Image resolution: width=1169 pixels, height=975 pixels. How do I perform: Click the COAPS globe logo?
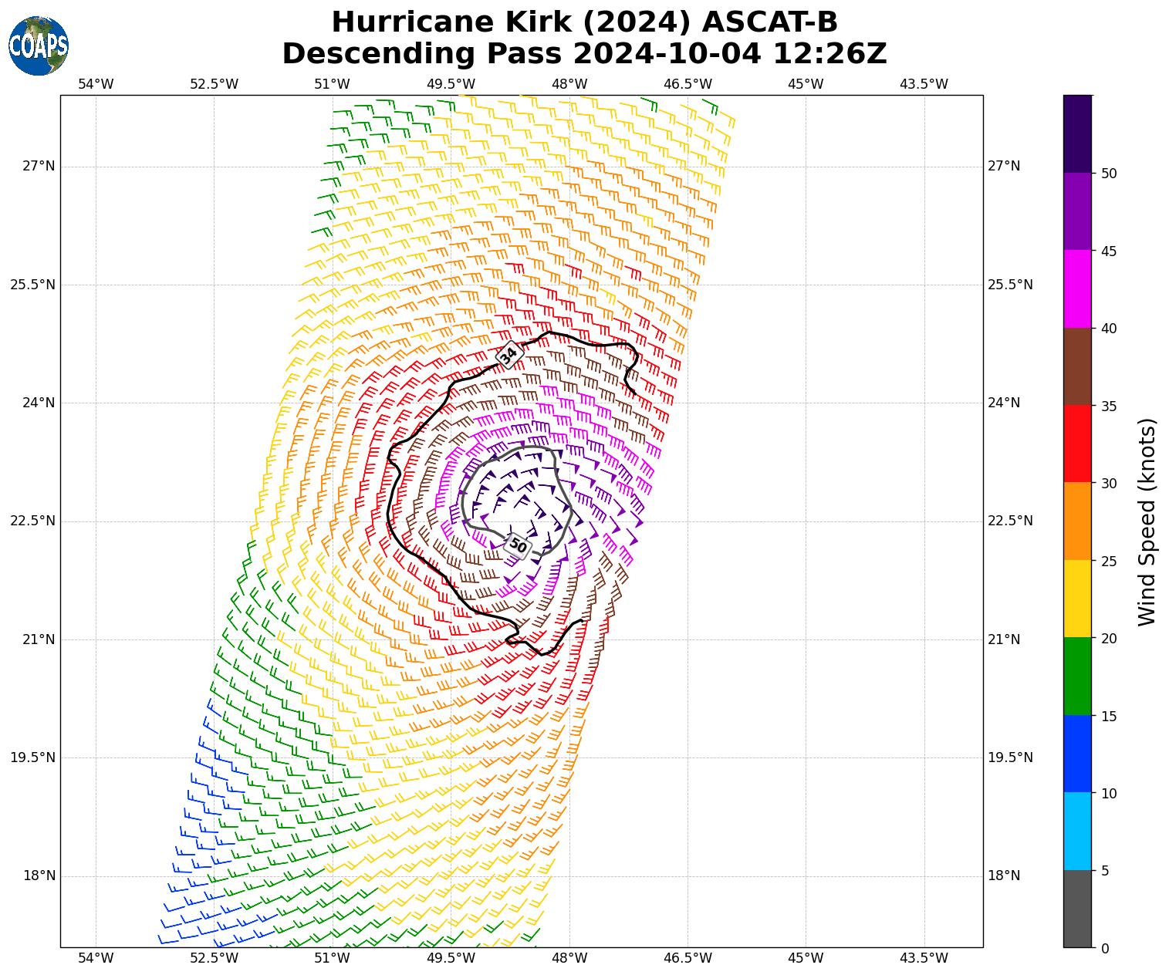click(x=39, y=46)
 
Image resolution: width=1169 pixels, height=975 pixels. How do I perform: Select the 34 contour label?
click(x=508, y=355)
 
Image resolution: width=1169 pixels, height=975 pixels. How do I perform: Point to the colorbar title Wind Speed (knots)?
click(x=1147, y=521)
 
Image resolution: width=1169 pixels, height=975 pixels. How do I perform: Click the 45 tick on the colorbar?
click(x=1109, y=251)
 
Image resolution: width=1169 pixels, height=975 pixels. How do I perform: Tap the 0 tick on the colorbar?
click(x=1105, y=948)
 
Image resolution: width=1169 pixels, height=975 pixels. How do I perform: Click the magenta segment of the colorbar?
click(x=1077, y=288)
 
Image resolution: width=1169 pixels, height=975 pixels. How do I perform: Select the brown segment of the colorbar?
click(x=1077, y=366)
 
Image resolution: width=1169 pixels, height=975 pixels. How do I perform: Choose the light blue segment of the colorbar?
click(x=1077, y=831)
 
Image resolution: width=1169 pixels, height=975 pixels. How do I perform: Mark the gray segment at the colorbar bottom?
click(x=1077, y=909)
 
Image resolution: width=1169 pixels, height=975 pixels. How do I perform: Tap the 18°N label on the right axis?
click(x=1004, y=875)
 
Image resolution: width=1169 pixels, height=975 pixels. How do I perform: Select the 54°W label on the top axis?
click(x=96, y=84)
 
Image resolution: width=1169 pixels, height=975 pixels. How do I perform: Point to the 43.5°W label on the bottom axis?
click(x=924, y=959)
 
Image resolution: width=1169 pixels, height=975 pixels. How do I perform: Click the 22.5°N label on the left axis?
click(x=32, y=521)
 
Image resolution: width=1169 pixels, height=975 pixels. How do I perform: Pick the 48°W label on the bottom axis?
click(x=569, y=959)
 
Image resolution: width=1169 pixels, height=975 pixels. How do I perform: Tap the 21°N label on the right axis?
click(x=1004, y=639)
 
